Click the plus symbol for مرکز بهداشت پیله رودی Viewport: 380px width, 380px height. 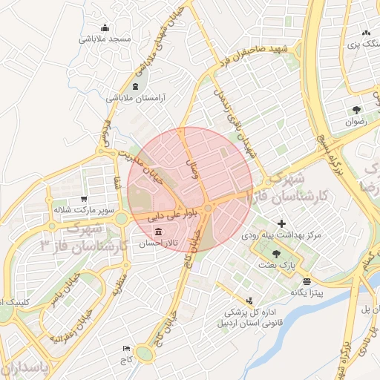point(281,223)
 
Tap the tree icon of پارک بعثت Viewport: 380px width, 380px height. point(276,254)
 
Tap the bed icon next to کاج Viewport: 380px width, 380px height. point(126,348)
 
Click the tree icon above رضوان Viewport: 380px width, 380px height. point(357,108)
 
